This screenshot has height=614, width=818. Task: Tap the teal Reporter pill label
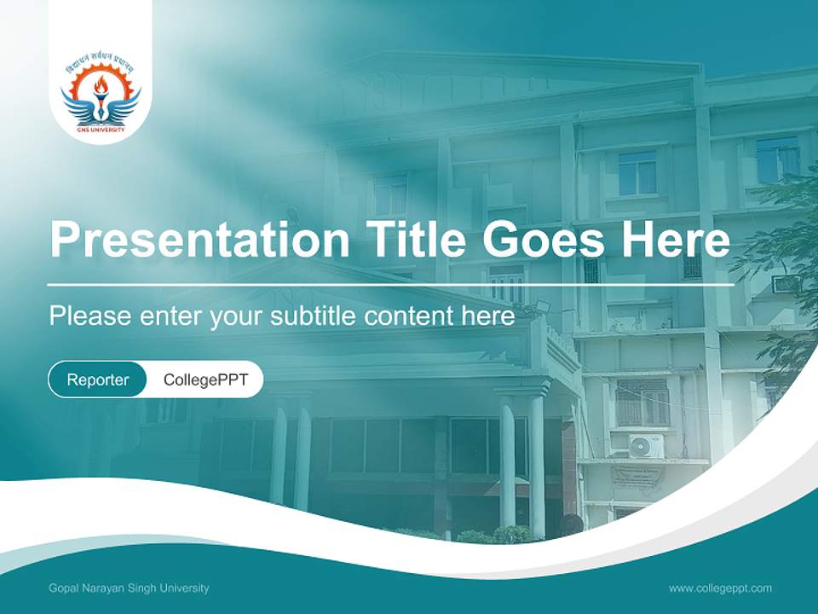pos(98,379)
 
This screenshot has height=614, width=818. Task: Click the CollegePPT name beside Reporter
pos(205,379)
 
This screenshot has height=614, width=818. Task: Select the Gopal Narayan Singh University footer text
pos(129,588)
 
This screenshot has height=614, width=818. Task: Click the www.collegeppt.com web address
pos(720,588)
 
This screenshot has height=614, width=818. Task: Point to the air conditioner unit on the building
pos(646,446)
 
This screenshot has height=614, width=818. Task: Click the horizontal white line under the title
pos(390,284)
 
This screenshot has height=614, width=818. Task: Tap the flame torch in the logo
pos(101,87)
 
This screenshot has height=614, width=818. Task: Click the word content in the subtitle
pos(412,316)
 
